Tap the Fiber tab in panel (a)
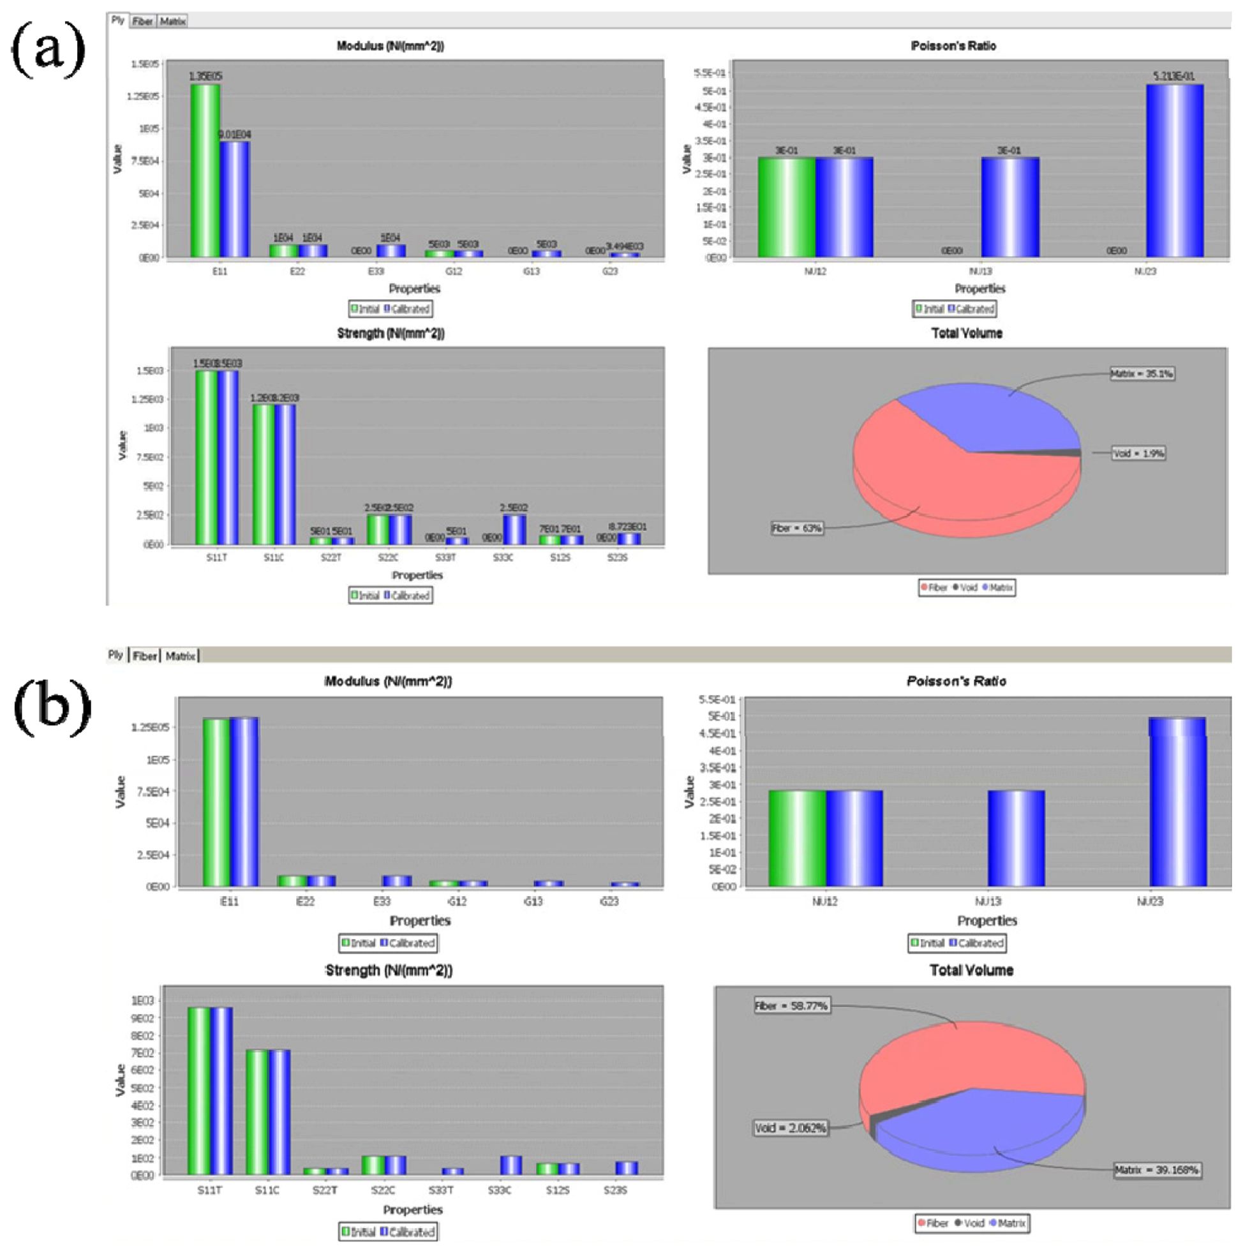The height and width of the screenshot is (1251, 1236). point(142,21)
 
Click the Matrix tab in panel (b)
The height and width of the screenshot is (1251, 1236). point(180,656)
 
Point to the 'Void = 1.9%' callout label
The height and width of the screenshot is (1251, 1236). point(1138,453)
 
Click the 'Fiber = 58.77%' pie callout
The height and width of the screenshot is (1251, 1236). point(791,1006)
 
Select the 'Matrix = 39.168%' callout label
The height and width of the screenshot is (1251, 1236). point(1156,1170)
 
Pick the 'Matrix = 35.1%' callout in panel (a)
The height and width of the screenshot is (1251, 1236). point(1142,373)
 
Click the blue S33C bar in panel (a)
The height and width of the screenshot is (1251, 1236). point(514,529)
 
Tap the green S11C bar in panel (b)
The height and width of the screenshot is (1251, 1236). point(257,1112)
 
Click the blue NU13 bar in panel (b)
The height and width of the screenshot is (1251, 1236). point(1016,838)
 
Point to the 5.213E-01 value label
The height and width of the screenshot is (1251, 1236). point(1173,77)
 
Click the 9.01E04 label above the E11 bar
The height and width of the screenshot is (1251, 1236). point(234,135)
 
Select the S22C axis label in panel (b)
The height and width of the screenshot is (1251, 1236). point(383,1190)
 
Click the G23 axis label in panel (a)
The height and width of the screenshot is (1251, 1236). point(610,271)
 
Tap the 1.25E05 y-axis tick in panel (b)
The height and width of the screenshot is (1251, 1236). point(149,727)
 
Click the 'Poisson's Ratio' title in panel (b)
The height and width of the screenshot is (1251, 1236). point(957,681)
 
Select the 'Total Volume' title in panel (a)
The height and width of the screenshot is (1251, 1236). point(967,333)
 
